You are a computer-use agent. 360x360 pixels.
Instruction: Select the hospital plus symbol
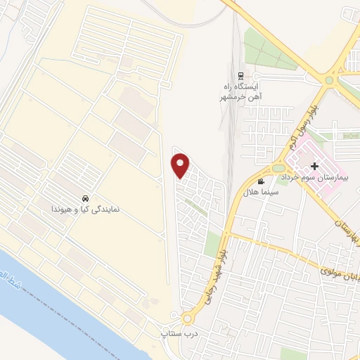314,166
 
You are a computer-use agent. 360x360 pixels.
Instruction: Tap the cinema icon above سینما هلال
261,181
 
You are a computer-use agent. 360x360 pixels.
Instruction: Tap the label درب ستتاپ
178,330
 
